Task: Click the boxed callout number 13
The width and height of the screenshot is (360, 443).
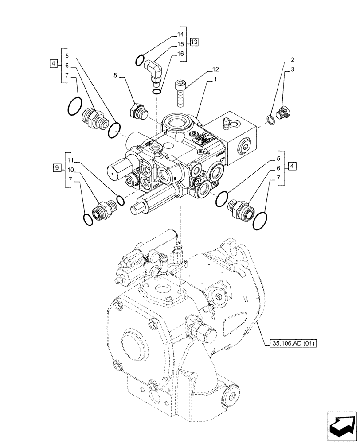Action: [194, 42]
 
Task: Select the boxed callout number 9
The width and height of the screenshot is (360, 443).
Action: [56, 167]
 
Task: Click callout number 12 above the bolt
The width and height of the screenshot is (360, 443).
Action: [215, 69]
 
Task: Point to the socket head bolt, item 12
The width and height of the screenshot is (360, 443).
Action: [180, 93]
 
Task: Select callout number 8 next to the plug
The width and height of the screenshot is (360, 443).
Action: [115, 76]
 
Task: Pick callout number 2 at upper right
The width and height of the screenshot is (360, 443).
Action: [293, 60]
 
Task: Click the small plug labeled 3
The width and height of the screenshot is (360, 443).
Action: [282, 113]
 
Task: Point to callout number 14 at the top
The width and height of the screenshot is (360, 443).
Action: [180, 35]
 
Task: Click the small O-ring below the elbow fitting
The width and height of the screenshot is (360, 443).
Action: [157, 92]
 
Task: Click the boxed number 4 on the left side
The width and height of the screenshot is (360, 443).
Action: [53, 64]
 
